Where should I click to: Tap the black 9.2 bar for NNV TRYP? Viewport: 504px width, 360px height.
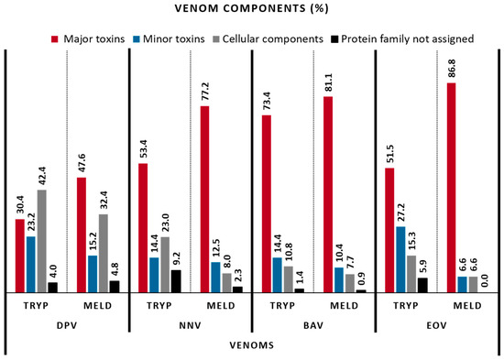pyautogui.click(x=173, y=281)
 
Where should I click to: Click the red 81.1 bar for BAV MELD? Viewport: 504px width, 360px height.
pyautogui.click(x=328, y=193)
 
